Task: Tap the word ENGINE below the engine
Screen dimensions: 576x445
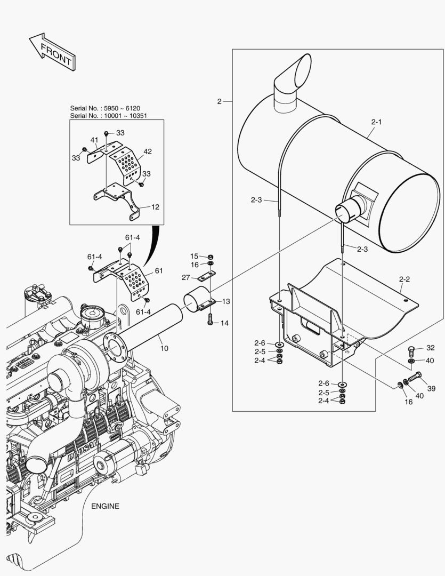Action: tap(104, 506)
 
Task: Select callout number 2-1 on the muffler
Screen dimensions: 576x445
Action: tap(376, 122)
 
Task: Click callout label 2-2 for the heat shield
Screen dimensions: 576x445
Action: tap(404, 279)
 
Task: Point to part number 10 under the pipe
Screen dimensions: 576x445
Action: tap(164, 348)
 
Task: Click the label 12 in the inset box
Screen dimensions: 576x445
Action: tap(155, 207)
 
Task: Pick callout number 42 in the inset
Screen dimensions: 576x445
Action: tap(148, 151)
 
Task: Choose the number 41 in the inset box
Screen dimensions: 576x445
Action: tap(94, 140)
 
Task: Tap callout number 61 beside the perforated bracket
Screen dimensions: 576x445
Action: tap(158, 271)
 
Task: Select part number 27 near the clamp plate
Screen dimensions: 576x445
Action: tap(185, 277)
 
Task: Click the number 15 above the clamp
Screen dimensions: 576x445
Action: tap(194, 256)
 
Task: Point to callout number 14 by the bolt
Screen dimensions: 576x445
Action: tap(224, 323)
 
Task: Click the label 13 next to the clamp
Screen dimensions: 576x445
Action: tap(226, 301)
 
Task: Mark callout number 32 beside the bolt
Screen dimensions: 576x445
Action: tap(430, 348)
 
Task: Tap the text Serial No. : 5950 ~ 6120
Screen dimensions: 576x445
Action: tap(105, 108)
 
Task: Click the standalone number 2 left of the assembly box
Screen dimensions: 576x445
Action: tap(219, 101)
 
